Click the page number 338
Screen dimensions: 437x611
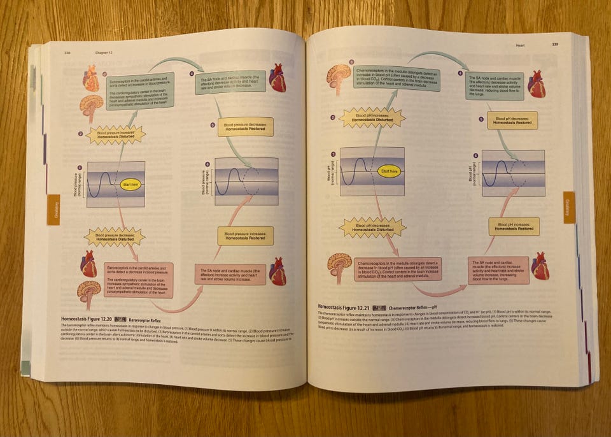[x=66, y=52]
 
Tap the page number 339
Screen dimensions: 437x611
[x=555, y=45]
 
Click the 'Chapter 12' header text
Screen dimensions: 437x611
[x=103, y=52]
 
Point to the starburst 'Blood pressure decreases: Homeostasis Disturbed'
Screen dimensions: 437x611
[x=115, y=238]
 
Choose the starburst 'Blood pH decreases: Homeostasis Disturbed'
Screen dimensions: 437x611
[x=372, y=227]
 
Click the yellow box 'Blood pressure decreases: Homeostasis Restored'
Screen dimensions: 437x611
[x=245, y=127]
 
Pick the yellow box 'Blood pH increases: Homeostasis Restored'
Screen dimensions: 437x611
[x=514, y=226]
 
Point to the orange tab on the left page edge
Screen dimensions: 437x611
[x=53, y=210]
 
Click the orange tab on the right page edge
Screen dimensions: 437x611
[x=568, y=207]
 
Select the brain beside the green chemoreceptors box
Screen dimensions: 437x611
[x=339, y=76]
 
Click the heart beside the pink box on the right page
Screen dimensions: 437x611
[x=540, y=266]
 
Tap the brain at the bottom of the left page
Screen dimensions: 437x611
[x=89, y=292]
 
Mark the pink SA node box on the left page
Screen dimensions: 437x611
[x=230, y=275]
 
